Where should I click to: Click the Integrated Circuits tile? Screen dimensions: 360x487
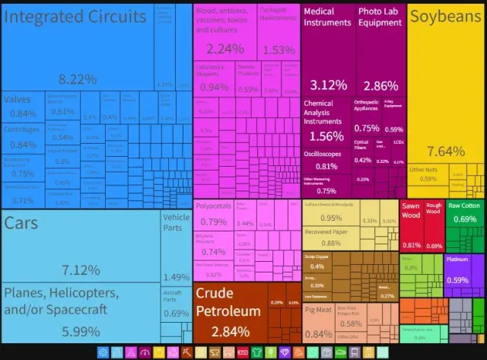click(x=76, y=46)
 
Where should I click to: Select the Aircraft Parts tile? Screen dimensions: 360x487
click(x=177, y=312)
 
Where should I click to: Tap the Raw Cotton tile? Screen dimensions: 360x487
click(x=464, y=214)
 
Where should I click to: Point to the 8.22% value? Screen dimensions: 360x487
click(x=78, y=78)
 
